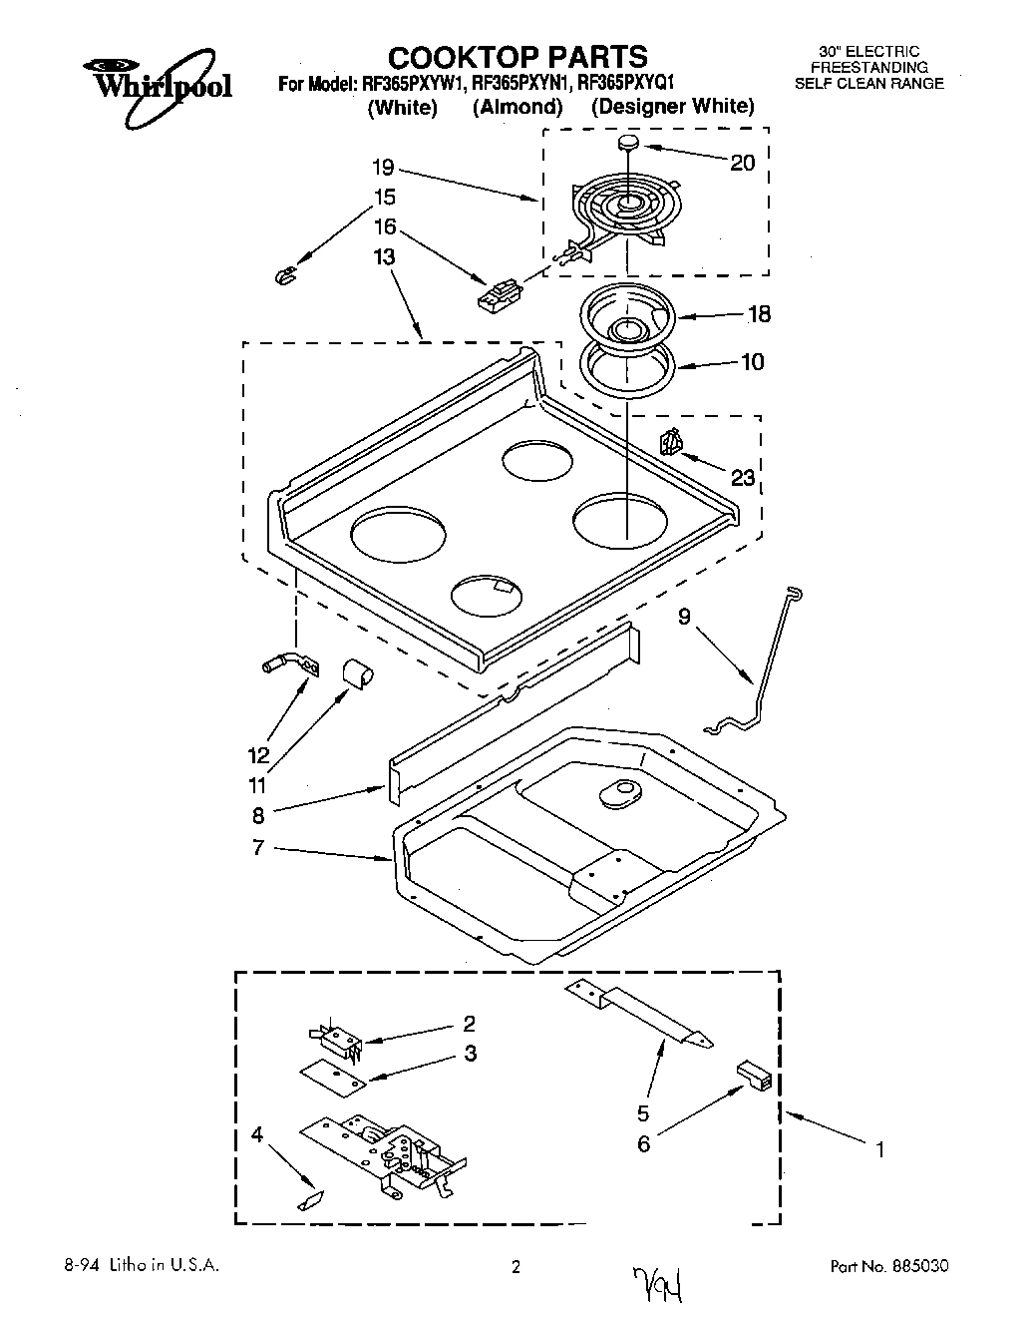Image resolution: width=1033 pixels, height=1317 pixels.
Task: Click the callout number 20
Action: click(x=743, y=163)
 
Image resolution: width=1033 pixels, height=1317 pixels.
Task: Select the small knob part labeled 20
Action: click(x=628, y=144)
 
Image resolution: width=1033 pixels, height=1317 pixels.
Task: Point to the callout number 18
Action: click(x=759, y=314)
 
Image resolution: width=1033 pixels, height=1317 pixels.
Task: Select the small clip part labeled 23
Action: click(x=671, y=440)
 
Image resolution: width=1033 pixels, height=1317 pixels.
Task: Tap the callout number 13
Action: click(x=384, y=257)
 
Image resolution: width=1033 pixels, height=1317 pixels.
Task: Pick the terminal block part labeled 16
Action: click(x=499, y=295)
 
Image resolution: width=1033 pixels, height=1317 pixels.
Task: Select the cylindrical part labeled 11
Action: click(x=356, y=673)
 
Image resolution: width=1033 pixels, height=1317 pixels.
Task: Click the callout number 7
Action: click(x=257, y=848)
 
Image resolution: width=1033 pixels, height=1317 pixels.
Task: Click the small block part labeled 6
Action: click(x=756, y=1075)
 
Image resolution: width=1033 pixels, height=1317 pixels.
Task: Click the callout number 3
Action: click(x=470, y=1054)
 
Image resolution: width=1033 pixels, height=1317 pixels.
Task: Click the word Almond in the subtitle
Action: click(x=517, y=107)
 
